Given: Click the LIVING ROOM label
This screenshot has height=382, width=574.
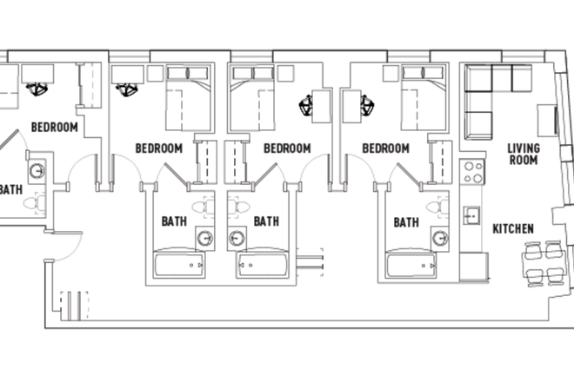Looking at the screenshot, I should coord(523,154).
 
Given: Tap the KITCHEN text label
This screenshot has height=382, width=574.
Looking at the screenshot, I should coord(513,228).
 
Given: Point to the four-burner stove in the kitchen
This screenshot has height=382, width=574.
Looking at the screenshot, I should coord(472,172).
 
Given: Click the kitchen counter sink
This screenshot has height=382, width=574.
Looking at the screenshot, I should coord(472,214).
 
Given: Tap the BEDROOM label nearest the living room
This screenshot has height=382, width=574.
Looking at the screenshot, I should coord(385,148).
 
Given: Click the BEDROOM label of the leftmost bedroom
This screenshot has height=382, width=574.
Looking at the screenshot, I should coord(54,127).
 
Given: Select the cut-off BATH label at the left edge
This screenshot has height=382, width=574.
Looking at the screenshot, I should coord(10,189).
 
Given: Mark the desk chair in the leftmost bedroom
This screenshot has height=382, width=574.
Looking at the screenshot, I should coord(37,87).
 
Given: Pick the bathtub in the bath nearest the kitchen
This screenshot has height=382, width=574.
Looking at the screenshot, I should coord(416,263).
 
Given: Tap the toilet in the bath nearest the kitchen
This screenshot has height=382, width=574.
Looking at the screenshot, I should coord(440,207).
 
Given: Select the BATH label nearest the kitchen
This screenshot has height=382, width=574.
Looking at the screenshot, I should coord(406,222).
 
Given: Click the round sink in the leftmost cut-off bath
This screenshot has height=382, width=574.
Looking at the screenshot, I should coord(37,169).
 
